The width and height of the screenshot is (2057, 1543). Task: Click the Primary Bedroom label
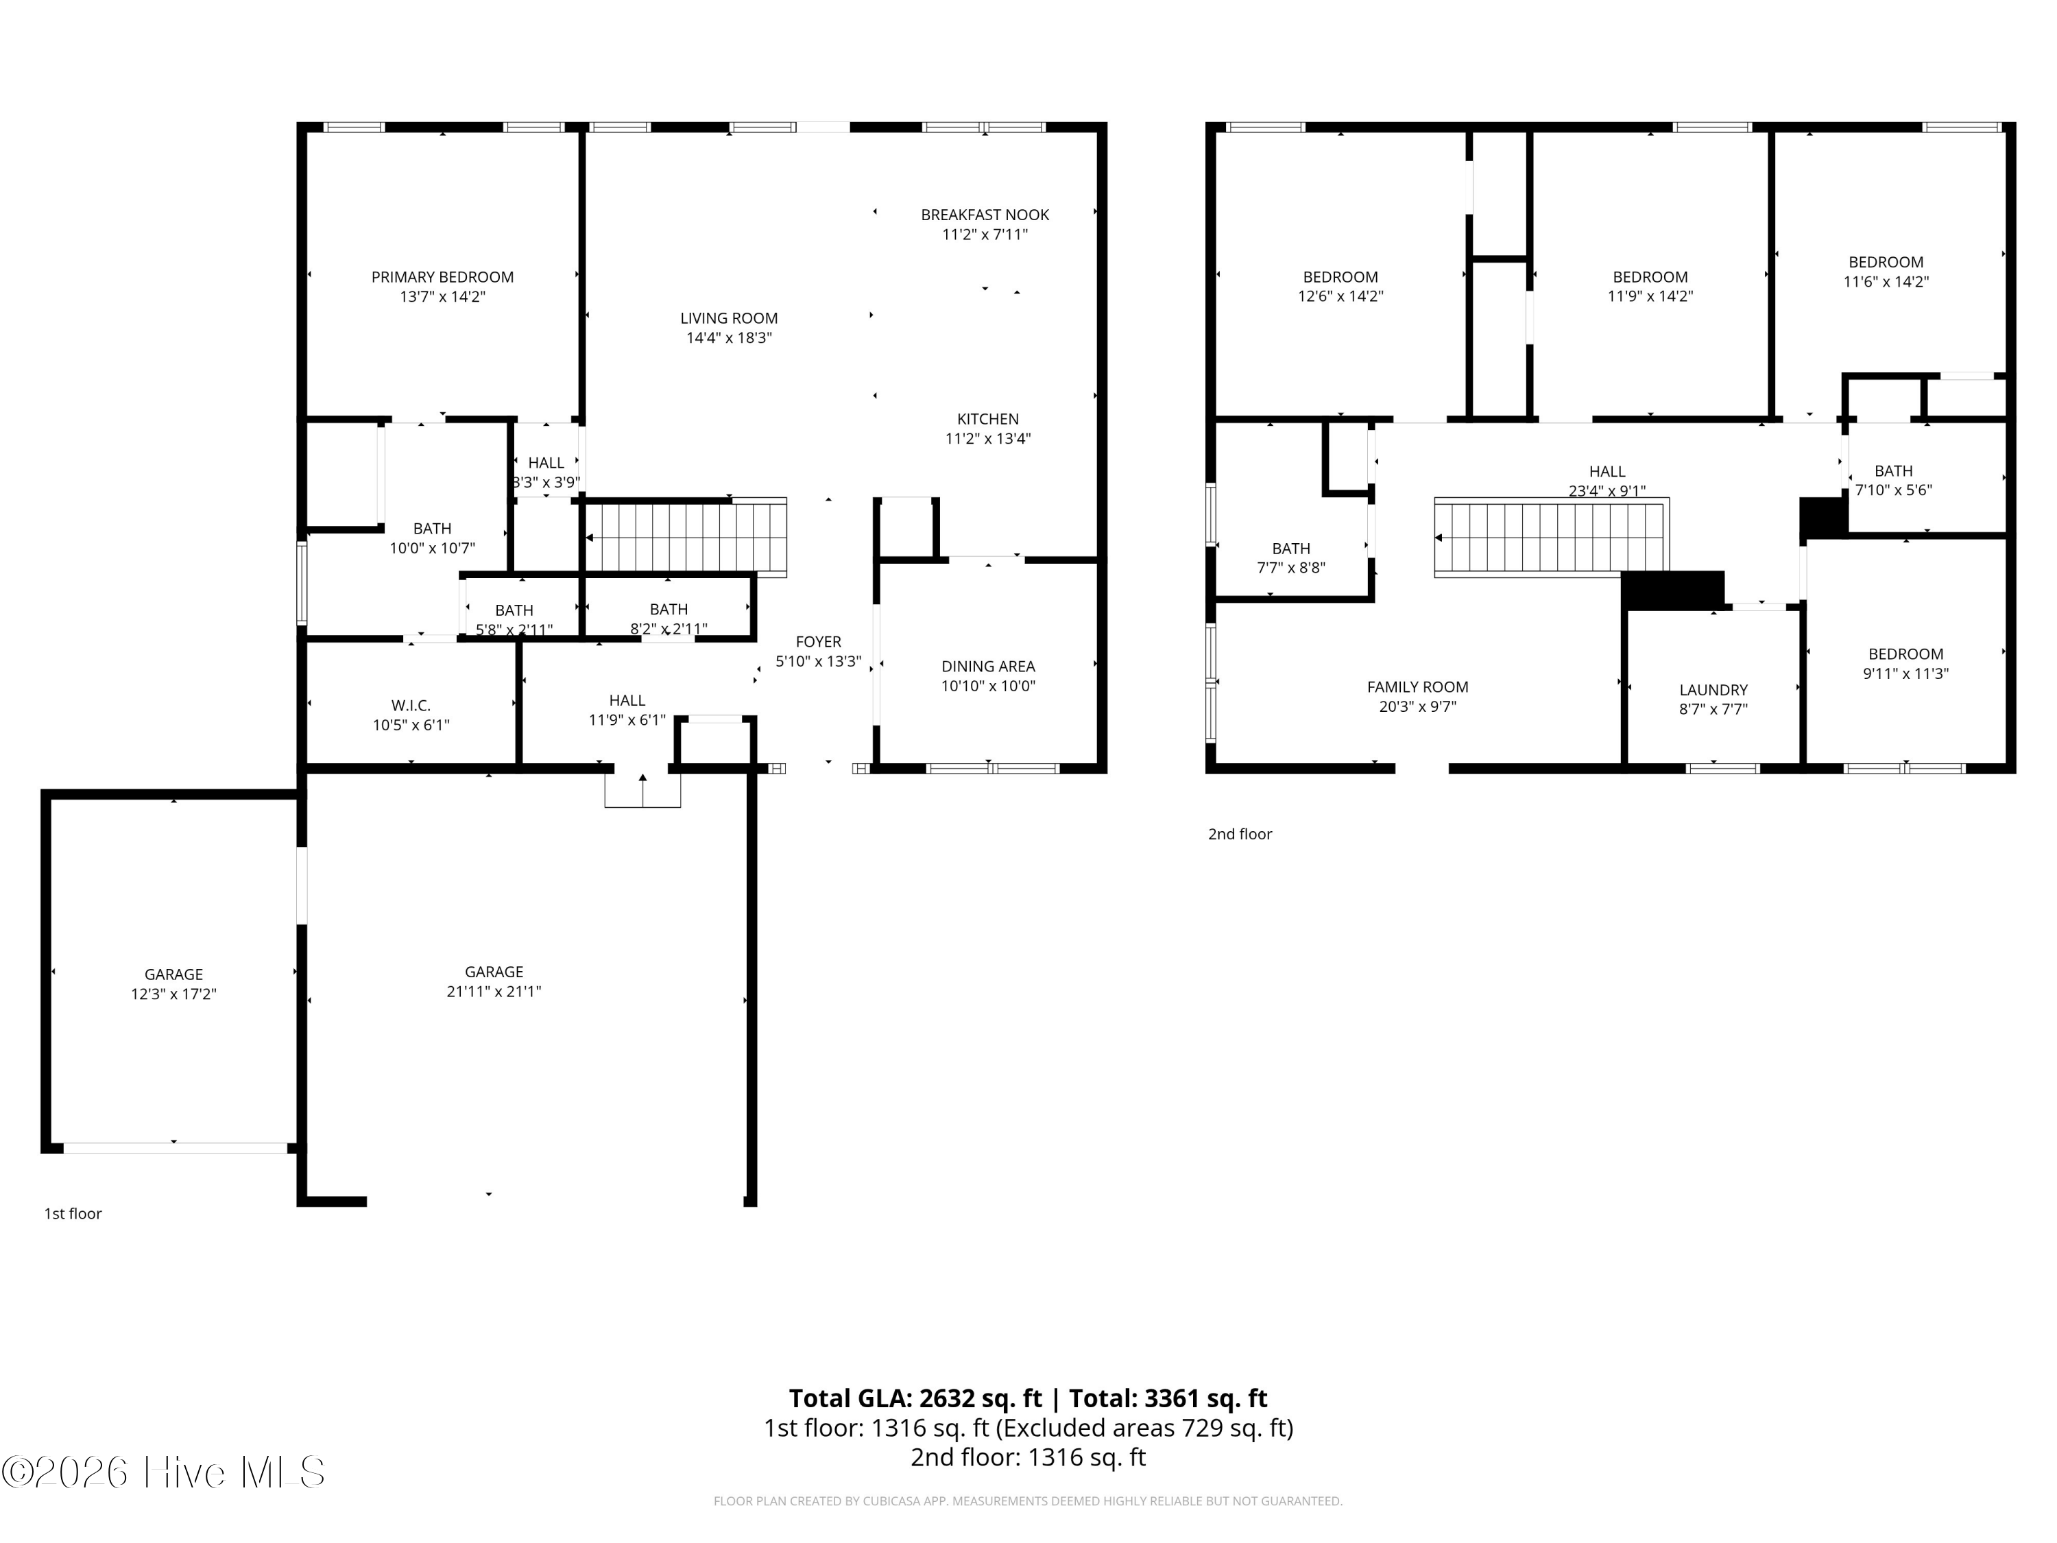tap(443, 277)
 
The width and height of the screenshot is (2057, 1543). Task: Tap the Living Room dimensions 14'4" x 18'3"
tap(729, 337)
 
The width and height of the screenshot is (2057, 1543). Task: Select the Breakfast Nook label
tap(985, 215)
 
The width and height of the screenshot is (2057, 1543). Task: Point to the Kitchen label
tap(987, 420)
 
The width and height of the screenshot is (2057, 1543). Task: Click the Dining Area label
tap(987, 667)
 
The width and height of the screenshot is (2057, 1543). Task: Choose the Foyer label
tap(818, 642)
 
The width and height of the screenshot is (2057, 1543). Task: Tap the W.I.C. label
tap(411, 706)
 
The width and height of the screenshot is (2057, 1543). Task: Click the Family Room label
tap(1417, 687)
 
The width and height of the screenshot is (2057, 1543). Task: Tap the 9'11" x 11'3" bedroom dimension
tap(1905, 673)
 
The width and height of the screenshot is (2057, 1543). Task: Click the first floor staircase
tap(687, 537)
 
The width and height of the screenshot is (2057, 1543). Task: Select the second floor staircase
tap(1551, 538)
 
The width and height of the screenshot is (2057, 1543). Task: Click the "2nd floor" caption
tap(1240, 835)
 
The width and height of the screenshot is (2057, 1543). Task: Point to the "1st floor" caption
tap(73, 1214)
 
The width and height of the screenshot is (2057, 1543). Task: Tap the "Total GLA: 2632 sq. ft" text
tap(915, 1399)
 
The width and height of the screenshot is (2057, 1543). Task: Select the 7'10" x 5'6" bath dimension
tap(1893, 490)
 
